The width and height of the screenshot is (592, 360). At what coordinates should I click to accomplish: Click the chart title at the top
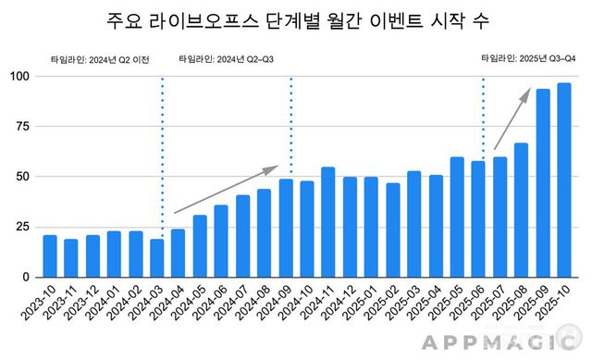(295, 20)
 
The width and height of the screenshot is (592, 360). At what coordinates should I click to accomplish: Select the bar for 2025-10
(563, 180)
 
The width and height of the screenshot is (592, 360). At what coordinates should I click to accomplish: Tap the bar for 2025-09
(543, 183)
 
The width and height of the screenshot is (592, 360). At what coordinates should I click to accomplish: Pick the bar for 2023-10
(50, 256)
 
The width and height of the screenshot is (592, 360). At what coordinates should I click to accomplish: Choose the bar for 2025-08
(521, 210)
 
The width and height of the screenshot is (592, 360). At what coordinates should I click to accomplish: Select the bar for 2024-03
(157, 258)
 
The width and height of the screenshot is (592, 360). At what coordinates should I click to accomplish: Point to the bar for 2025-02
(392, 230)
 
